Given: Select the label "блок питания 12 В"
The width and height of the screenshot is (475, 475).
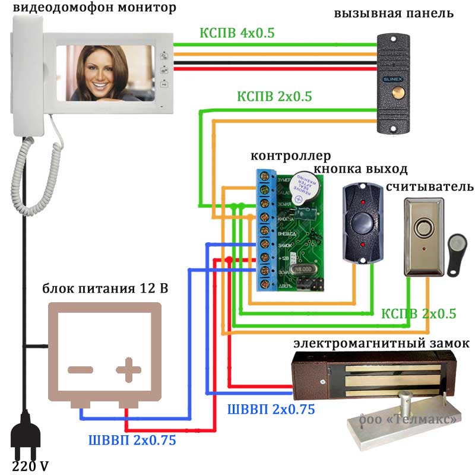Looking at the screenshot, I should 104,289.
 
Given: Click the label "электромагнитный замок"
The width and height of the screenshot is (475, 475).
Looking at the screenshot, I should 382,344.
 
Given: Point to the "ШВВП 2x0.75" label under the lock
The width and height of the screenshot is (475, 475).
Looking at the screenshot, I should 271,409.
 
